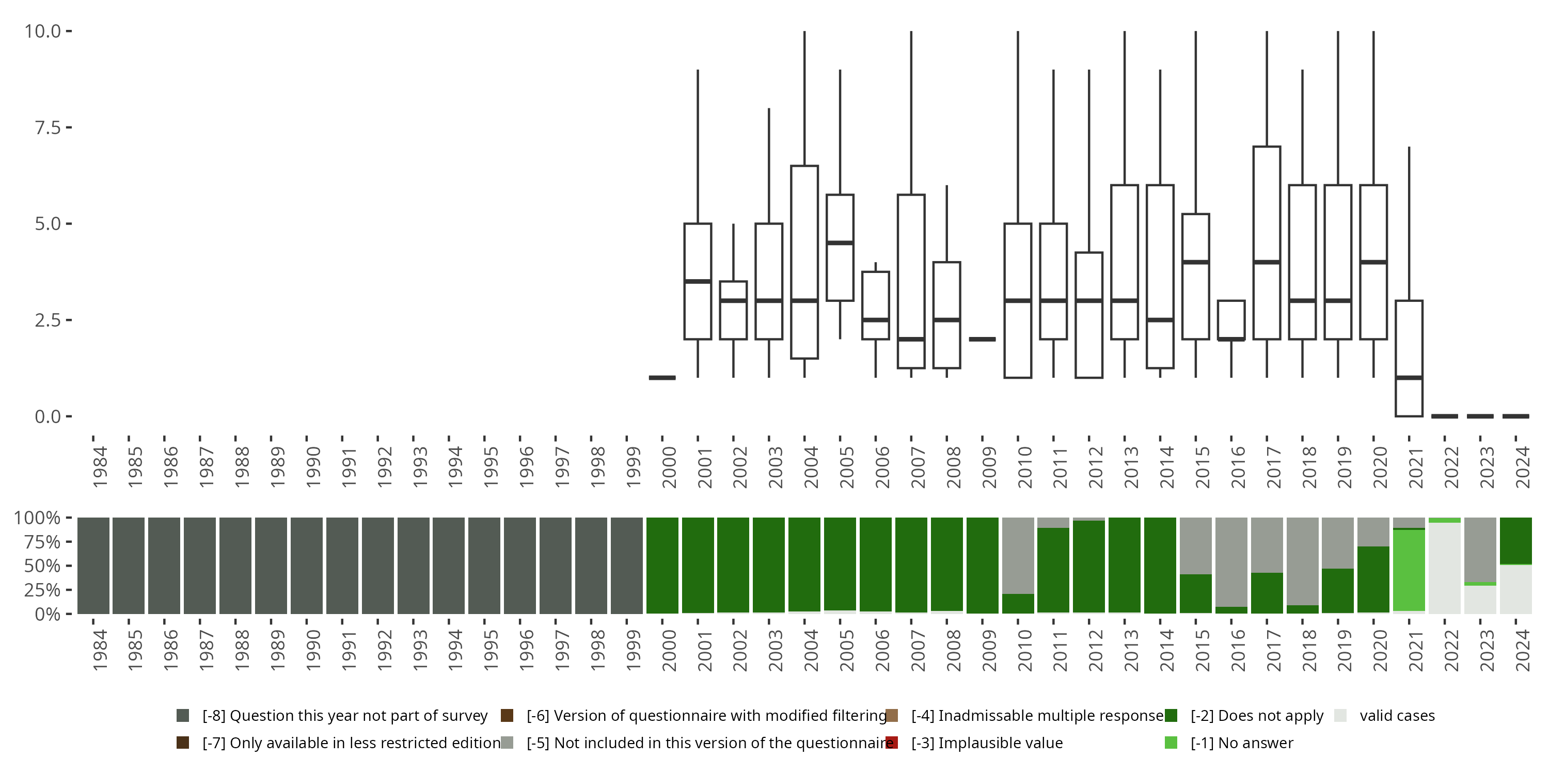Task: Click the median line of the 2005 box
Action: coord(840,243)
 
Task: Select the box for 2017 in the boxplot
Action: coord(1267,204)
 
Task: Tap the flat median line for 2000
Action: coord(662,377)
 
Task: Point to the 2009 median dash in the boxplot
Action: coord(983,339)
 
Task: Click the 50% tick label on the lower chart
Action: coord(42,566)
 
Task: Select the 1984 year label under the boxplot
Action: coord(100,466)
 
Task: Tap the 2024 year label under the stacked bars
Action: coord(1523,650)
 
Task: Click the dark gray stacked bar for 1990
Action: coord(307,566)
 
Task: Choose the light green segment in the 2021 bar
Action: coord(1409,570)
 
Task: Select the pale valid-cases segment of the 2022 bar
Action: coord(1444,568)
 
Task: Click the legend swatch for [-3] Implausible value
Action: coord(892,743)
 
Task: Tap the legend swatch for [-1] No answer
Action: coord(1171,743)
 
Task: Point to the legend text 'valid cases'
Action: coord(1397,716)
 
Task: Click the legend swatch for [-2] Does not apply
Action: coord(1171,716)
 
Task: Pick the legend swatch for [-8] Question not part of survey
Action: coord(183,716)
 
